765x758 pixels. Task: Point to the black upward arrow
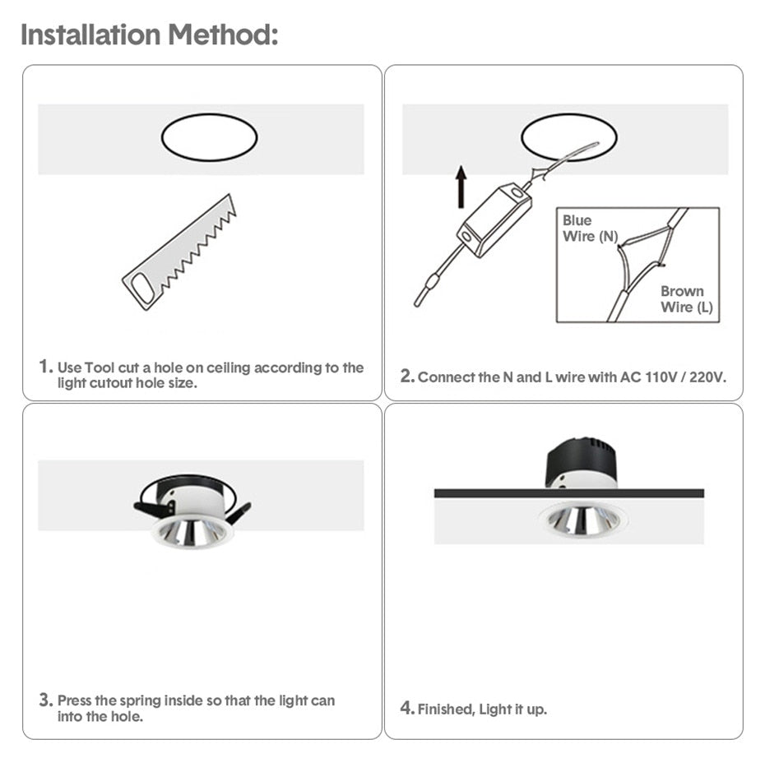pyautogui.click(x=461, y=186)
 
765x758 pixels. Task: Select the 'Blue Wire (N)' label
pyautogui.click(x=588, y=229)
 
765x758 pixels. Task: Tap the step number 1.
pyautogui.click(x=46, y=367)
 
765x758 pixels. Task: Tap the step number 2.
pyautogui.click(x=406, y=377)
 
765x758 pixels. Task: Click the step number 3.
pyautogui.click(x=46, y=700)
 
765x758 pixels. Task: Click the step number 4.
pyautogui.click(x=406, y=708)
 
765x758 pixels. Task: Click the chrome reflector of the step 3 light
pyautogui.click(x=192, y=530)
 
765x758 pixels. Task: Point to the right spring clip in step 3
pyautogui.click(x=239, y=513)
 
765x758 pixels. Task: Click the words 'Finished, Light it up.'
pyautogui.click(x=482, y=709)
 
